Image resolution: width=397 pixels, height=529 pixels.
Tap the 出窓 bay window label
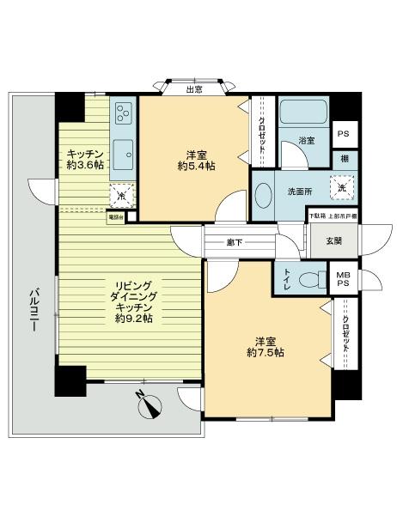click(x=196, y=88)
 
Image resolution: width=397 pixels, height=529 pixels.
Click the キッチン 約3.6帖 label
click(x=76, y=161)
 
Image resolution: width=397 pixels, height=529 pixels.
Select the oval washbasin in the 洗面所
click(x=265, y=192)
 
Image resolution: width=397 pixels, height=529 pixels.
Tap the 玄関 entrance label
click(x=333, y=240)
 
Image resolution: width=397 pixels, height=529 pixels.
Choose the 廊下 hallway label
click(x=235, y=241)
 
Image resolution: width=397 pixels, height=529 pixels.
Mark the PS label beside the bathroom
click(x=344, y=135)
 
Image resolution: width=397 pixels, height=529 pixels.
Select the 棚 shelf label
click(x=344, y=160)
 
